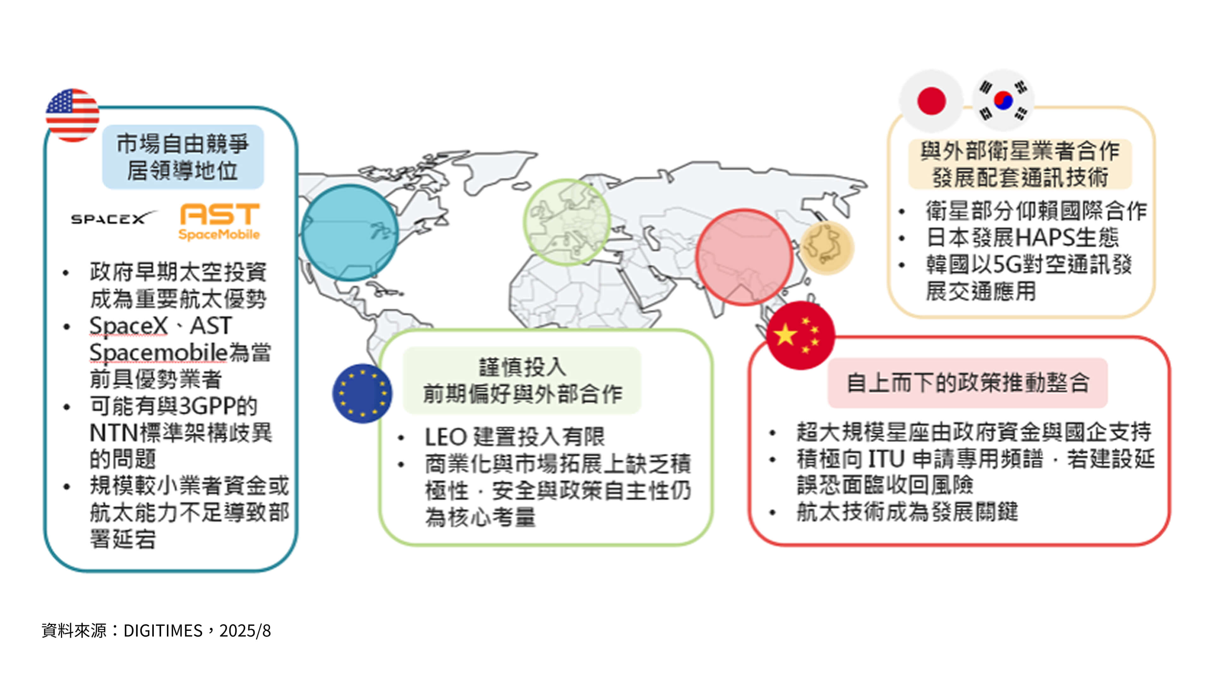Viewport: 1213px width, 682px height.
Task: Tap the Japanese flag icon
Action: tap(931, 101)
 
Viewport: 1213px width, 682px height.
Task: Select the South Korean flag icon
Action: tap(1003, 101)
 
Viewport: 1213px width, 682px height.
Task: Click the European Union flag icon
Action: tap(362, 393)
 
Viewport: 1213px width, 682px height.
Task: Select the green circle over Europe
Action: tap(567, 222)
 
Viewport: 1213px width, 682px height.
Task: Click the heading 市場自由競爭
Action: tap(183, 144)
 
